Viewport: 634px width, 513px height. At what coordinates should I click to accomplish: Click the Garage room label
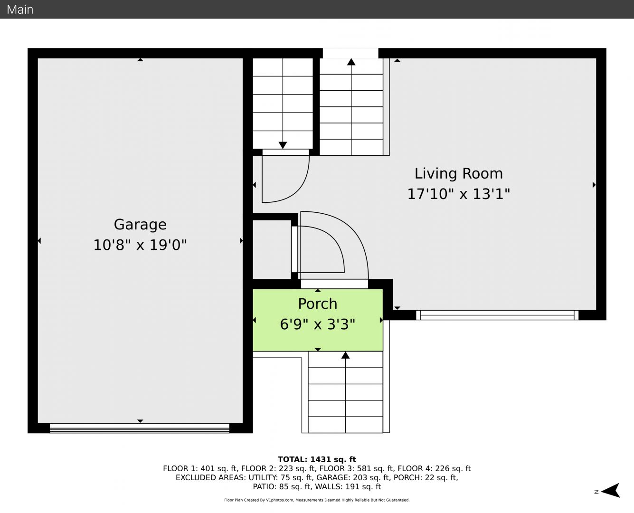coord(140,225)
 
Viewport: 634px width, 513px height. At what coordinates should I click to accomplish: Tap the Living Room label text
coord(459,173)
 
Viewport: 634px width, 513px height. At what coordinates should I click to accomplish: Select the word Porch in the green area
coord(318,304)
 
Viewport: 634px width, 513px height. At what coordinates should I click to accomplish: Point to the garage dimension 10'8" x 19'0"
coord(140,245)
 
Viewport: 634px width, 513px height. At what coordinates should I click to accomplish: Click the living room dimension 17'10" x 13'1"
coord(459,194)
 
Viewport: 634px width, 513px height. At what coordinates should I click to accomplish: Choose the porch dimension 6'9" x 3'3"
coord(318,324)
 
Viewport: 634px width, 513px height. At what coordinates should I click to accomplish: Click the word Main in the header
coord(20,9)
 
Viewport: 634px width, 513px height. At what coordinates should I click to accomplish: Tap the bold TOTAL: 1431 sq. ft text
coord(317,459)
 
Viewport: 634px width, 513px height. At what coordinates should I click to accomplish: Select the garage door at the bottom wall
coord(140,428)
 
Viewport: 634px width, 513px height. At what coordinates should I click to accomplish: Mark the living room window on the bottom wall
coord(497,315)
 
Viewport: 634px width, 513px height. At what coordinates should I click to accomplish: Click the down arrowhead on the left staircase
coord(283,145)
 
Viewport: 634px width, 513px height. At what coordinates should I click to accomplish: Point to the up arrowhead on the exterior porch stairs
coord(345,355)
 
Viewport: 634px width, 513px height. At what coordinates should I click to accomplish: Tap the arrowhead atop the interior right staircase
coord(351,62)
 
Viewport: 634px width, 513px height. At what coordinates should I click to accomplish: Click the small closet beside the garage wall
coord(272,250)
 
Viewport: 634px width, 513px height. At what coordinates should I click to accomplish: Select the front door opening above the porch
coord(334,284)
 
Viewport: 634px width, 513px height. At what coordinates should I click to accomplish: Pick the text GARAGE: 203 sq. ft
coord(353,477)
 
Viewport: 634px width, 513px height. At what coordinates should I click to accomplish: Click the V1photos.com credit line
coord(317,500)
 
